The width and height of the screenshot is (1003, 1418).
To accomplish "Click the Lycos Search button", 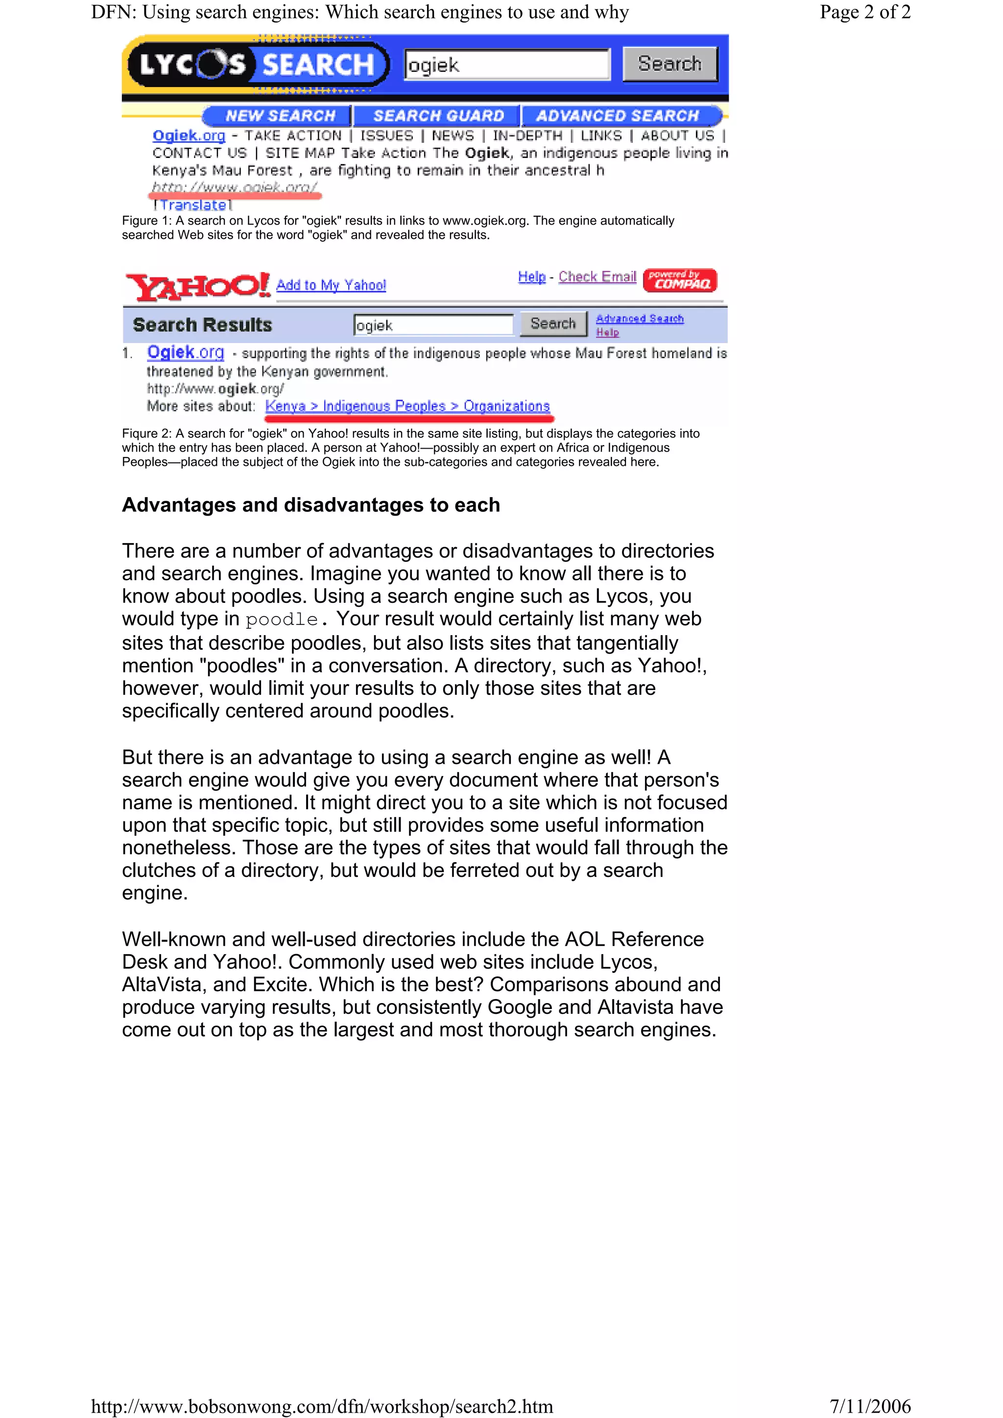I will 670,64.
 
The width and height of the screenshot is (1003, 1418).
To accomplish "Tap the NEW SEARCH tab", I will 280,115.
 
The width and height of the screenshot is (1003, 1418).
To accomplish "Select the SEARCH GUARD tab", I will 438,115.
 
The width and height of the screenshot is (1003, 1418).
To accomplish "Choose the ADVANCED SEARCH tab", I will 617,115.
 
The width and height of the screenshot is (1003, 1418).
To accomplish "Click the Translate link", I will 193,205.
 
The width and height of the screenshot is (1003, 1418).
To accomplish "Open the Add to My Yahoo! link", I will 331,285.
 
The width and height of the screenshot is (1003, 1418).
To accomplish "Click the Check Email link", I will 597,276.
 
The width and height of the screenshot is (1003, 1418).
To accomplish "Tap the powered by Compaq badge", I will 680,280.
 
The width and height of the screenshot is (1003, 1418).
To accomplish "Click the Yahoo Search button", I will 553,323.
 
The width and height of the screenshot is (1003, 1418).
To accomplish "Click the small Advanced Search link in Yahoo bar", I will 640,319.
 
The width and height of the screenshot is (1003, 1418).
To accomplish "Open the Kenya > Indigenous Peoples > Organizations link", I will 407,406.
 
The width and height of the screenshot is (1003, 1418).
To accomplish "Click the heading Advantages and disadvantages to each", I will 311,504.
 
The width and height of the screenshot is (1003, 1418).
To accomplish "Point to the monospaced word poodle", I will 282,619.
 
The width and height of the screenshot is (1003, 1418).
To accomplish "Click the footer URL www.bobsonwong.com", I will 321,1406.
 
